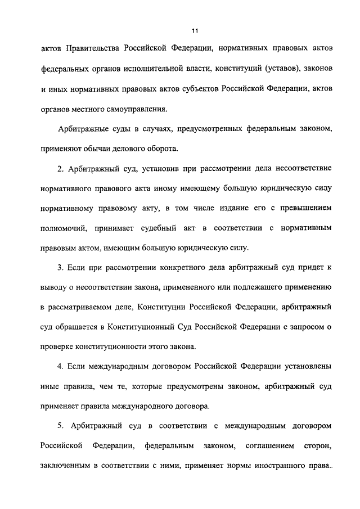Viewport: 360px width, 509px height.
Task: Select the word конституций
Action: point(235,70)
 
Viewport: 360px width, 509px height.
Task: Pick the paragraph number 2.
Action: point(61,169)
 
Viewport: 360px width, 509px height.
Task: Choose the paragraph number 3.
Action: point(61,267)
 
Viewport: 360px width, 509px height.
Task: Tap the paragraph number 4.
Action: point(61,366)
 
